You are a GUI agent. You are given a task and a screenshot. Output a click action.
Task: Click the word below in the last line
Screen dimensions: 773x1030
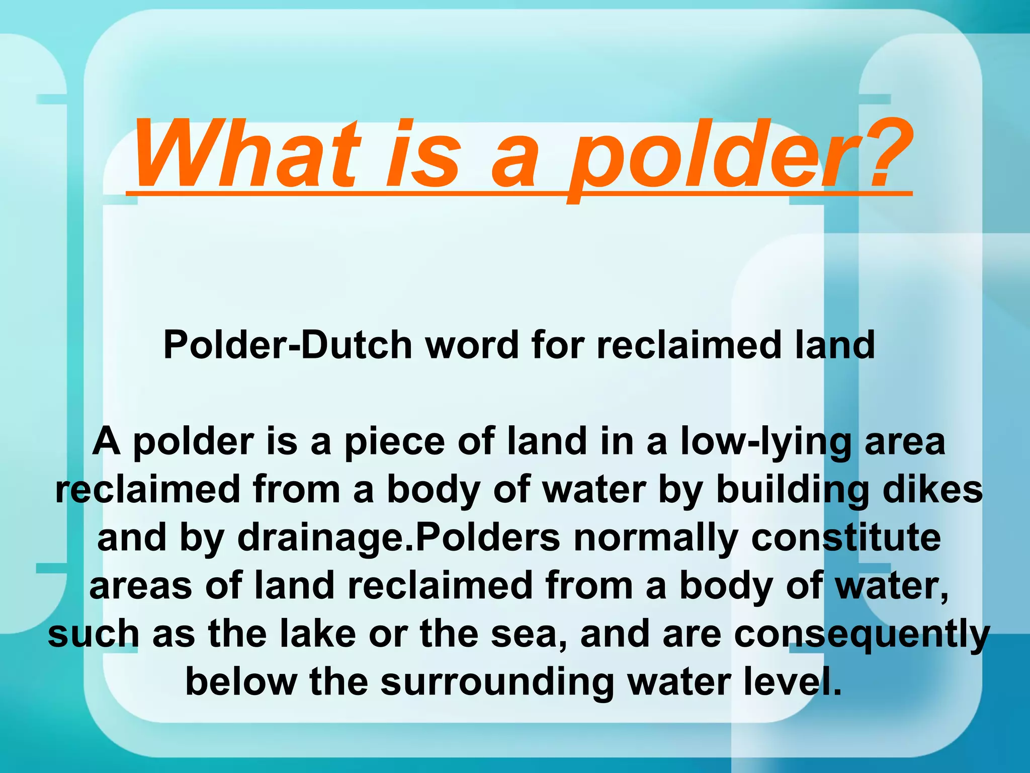(241, 682)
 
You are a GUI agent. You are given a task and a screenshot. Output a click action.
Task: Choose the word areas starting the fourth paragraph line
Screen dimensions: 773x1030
(140, 587)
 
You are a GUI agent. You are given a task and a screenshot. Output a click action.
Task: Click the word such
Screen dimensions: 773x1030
(94, 634)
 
